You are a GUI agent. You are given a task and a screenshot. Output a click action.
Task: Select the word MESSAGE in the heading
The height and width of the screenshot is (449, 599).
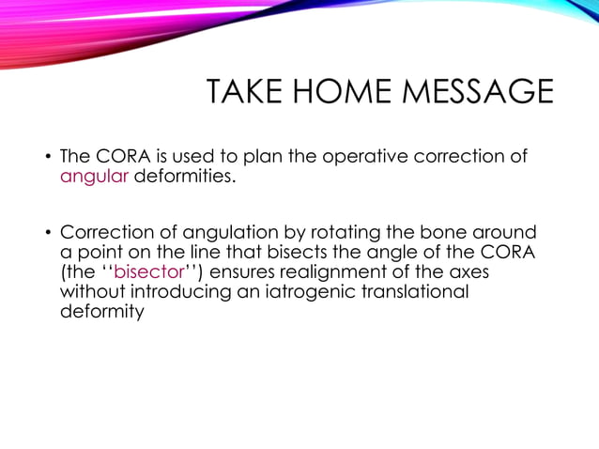tap(481, 95)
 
